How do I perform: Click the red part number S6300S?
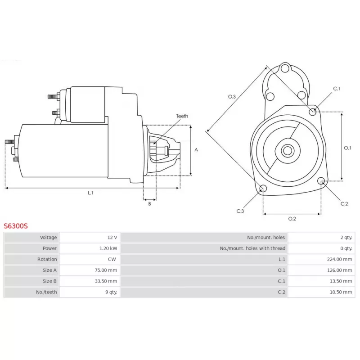(x=16, y=226)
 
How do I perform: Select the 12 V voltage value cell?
(x=112, y=237)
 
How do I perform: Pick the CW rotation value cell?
(x=112, y=259)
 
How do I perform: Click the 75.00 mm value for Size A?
(x=106, y=270)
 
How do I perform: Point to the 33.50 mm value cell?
(x=106, y=281)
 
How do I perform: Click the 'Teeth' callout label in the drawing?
(x=182, y=116)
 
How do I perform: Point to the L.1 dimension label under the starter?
(x=90, y=193)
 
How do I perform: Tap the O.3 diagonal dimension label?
(x=232, y=96)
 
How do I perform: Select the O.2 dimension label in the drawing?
(x=292, y=219)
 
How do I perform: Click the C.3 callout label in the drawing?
(x=240, y=211)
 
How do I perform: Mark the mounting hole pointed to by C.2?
(x=321, y=181)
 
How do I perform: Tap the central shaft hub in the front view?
(x=287, y=150)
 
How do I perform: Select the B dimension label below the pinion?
(x=149, y=204)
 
